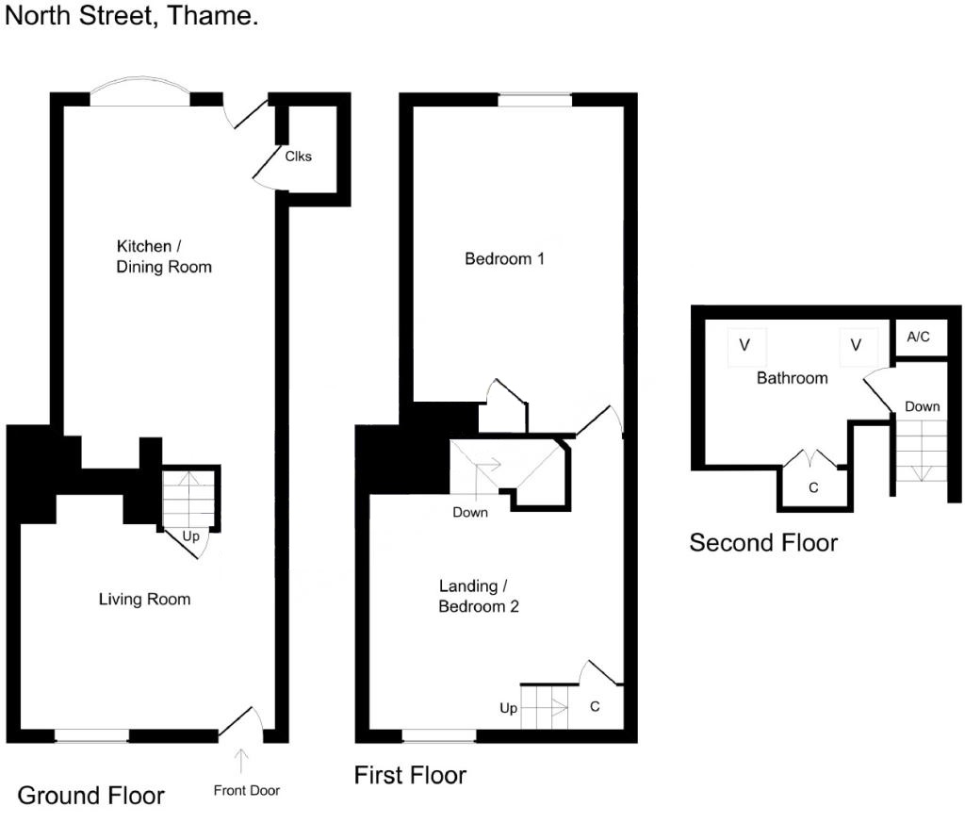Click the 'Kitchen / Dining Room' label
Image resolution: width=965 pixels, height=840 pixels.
pos(164,256)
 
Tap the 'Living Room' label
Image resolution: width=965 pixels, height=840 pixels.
pos(144,599)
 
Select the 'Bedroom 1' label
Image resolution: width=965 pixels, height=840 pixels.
pos(504,258)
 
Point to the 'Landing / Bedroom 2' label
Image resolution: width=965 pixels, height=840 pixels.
pos(478,597)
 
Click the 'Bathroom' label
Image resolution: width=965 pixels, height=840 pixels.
pos(792,377)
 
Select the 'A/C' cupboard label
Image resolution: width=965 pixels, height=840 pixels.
pos(919,337)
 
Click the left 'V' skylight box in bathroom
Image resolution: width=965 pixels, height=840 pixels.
pos(744,345)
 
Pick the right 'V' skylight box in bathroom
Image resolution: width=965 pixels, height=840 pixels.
pos(856,345)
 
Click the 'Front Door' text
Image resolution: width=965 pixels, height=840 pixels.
pos(246,790)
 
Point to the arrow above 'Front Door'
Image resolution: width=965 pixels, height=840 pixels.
pos(241,760)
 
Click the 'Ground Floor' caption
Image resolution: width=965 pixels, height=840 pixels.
pos(90,796)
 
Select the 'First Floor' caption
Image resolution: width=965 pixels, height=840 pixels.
pos(410,775)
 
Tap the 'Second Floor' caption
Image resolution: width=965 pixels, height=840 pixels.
pos(763,542)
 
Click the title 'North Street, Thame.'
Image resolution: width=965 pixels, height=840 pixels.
pos(132,17)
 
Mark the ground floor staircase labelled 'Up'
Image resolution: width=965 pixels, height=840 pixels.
pos(189,499)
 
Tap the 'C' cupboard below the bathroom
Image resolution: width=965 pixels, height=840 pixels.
pos(813,487)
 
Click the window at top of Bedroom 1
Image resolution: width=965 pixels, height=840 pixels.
pos(534,99)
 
